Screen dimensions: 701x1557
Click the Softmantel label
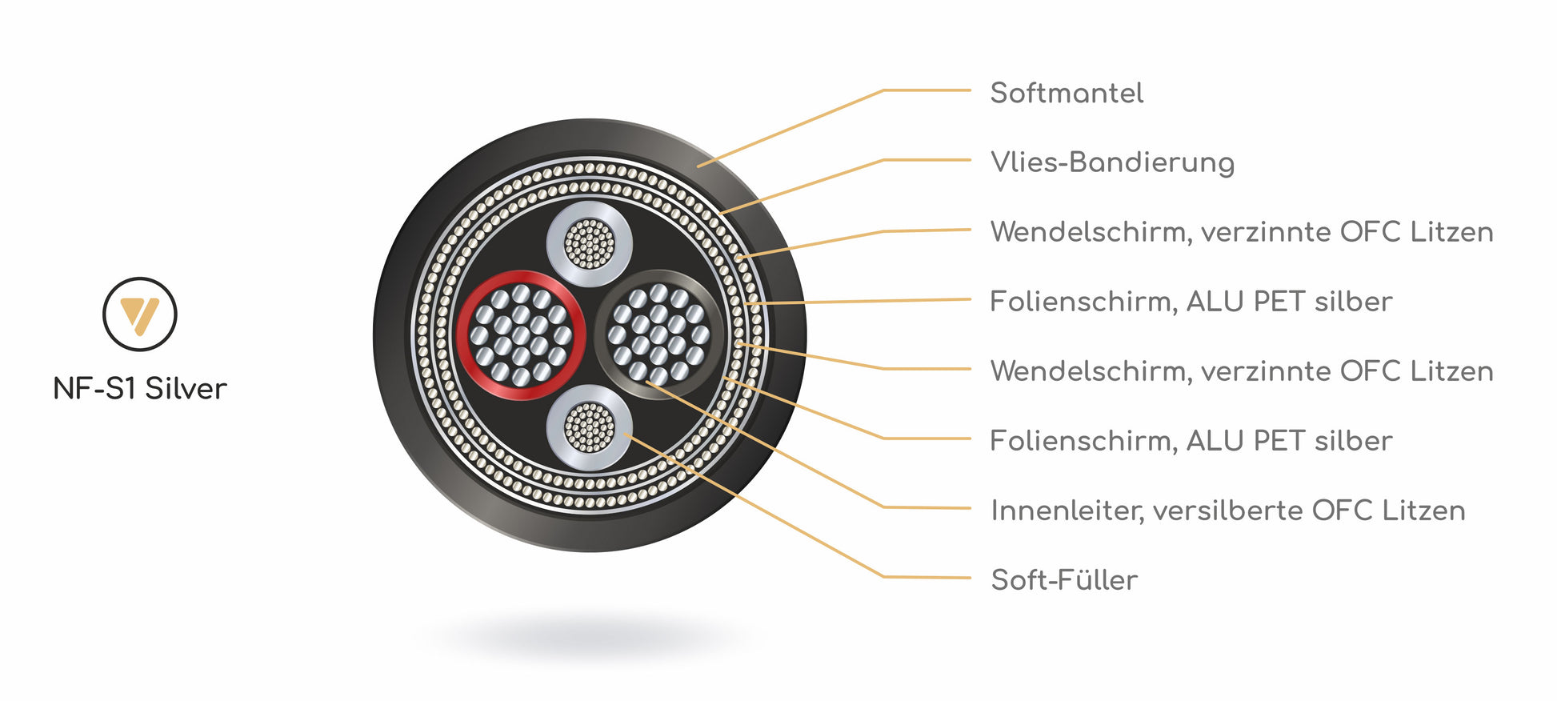(1067, 93)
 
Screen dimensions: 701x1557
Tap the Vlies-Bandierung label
(1112, 162)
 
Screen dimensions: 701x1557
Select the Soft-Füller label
(1064, 579)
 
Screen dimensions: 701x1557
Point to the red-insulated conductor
(521, 335)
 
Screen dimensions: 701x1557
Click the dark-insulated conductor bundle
(658, 334)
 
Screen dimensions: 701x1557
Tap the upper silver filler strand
(590, 243)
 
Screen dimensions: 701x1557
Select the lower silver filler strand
(590, 427)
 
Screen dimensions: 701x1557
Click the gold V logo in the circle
(139, 314)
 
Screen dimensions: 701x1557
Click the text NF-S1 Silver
(140, 389)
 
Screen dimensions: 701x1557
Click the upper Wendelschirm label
(1241, 232)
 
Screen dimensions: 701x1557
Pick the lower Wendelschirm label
(1241, 371)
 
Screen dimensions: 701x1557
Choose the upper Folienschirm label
(1191, 302)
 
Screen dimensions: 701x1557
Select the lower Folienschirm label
(1191, 441)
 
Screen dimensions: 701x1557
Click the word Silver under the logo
(186, 389)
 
